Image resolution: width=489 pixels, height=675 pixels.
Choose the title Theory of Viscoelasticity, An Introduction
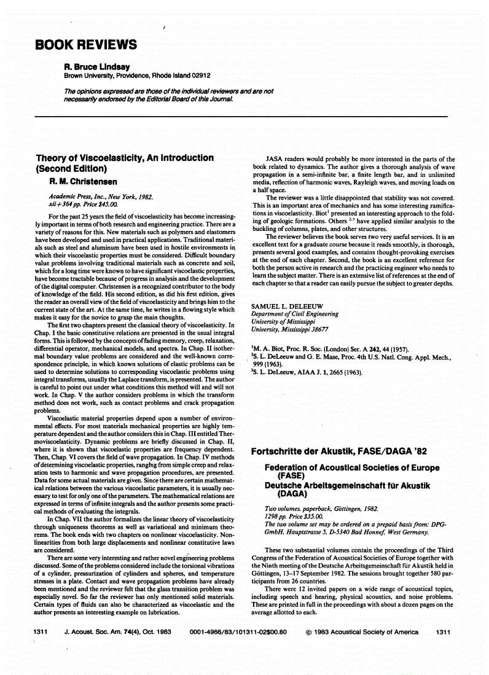pos(125,158)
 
